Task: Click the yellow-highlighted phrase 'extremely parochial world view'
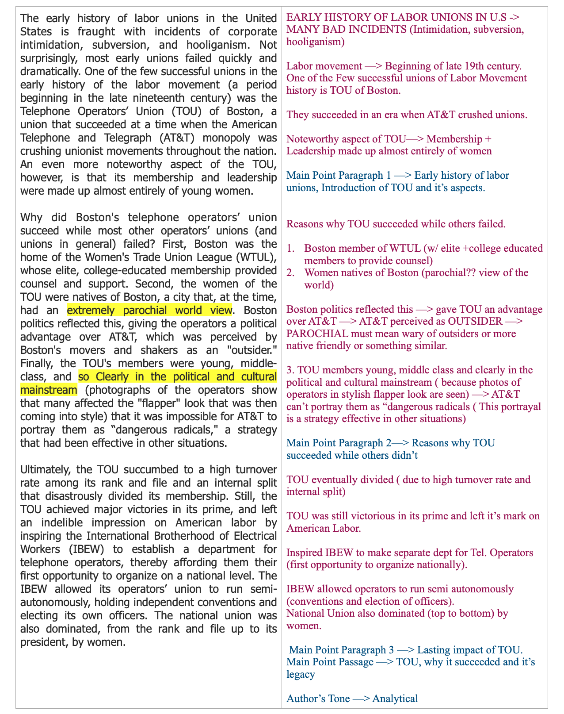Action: click(149, 310)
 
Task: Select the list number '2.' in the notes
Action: click(291, 273)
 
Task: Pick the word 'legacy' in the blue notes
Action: click(301, 675)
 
